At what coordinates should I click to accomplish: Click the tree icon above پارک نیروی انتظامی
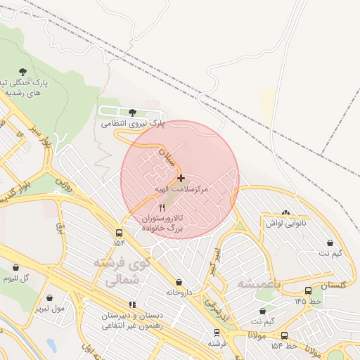point(133,112)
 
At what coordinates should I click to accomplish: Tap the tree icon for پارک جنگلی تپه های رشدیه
point(23,72)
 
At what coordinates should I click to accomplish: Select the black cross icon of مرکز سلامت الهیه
point(181,179)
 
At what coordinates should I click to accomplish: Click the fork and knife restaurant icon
point(163,208)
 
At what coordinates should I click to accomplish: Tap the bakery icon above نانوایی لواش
point(285,212)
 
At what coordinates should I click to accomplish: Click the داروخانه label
point(179,292)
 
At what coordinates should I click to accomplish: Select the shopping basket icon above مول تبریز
point(49,297)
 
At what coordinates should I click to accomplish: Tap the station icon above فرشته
point(216,333)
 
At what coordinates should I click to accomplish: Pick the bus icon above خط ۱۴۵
point(308,290)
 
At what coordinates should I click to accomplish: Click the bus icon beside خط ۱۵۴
point(284,336)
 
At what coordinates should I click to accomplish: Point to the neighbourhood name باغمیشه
point(258,283)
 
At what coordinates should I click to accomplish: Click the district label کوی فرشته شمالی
point(117,270)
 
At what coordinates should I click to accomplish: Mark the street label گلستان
point(333,285)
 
